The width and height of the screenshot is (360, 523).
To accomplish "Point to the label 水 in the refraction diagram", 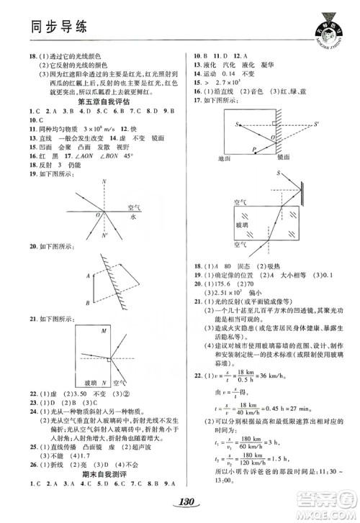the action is pyautogui.click(x=133, y=214).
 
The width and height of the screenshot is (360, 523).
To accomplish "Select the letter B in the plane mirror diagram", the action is pyautogui.click(x=87, y=297).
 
